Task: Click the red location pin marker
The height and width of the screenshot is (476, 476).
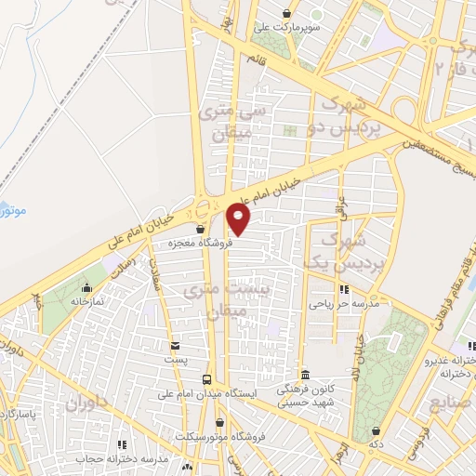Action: [239, 218]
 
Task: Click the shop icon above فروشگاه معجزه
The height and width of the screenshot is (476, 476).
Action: [199, 229]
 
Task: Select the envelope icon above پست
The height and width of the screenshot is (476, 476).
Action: [175, 346]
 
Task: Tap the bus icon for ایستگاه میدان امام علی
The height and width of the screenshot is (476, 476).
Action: [206, 378]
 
